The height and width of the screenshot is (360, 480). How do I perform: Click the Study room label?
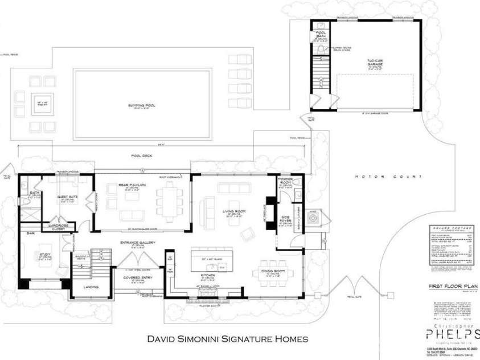(43, 255)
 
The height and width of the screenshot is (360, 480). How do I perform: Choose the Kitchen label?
(207, 275)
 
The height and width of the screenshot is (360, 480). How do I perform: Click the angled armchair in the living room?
(248, 233)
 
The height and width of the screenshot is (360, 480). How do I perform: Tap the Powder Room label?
(285, 181)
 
